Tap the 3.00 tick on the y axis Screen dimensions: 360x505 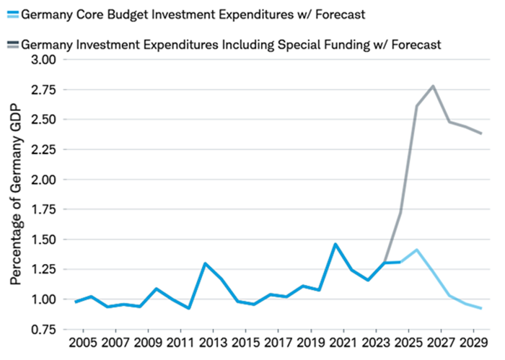tap(42, 59)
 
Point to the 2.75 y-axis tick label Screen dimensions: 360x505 tap(42, 89)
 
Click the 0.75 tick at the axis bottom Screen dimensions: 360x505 tap(42, 330)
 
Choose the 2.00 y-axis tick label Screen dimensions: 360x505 tap(42, 180)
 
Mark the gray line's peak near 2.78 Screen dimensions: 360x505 tap(433, 86)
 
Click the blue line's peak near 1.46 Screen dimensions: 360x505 tap(335, 244)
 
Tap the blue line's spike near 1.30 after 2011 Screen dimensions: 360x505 tap(206, 263)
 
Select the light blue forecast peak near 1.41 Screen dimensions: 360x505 tap(416, 250)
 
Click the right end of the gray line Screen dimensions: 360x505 tap(482, 133)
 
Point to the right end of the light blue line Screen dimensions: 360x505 tap(482, 309)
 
